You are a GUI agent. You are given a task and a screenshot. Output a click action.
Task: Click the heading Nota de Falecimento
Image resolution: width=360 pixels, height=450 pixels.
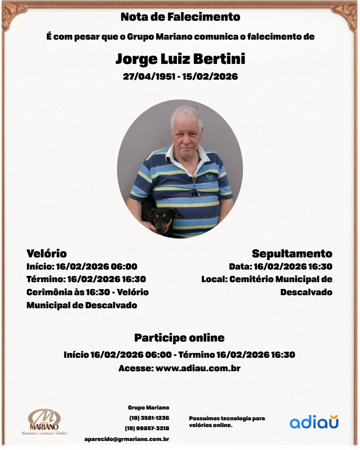pos(180,18)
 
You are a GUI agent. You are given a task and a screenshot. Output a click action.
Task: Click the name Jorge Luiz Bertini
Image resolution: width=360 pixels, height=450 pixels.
pos(180,59)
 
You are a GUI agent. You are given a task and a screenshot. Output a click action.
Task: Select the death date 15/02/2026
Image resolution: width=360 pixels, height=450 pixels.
pos(210,76)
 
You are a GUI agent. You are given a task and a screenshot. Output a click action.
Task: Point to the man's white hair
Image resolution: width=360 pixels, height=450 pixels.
pos(186,112)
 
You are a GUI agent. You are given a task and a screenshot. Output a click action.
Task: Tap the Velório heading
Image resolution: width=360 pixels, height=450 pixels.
pos(46,253)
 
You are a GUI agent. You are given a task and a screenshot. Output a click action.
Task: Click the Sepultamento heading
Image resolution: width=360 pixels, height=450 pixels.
pos(292,253)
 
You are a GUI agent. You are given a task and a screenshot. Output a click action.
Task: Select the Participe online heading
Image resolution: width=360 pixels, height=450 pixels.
pos(179,337)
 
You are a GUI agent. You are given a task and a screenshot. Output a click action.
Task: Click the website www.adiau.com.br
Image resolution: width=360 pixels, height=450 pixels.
pos(198,368)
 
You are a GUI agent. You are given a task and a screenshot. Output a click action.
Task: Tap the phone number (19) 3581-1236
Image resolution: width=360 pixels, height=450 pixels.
pos(149,418)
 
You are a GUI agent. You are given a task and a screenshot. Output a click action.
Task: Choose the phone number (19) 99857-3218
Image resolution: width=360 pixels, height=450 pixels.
pos(147,428)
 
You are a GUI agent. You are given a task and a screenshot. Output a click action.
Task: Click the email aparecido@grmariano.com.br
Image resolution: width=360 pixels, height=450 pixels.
pos(126,439)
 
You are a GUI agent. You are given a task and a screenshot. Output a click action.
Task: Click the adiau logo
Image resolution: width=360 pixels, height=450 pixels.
pos(314,422)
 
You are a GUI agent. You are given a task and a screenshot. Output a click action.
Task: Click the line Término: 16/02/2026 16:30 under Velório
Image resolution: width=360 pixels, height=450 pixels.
pos(86,279)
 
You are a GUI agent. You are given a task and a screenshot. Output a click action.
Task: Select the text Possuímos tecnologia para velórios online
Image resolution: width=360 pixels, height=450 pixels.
pos(226,422)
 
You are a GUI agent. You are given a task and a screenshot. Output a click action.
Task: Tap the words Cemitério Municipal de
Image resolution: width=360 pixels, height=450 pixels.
pos(281,279)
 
